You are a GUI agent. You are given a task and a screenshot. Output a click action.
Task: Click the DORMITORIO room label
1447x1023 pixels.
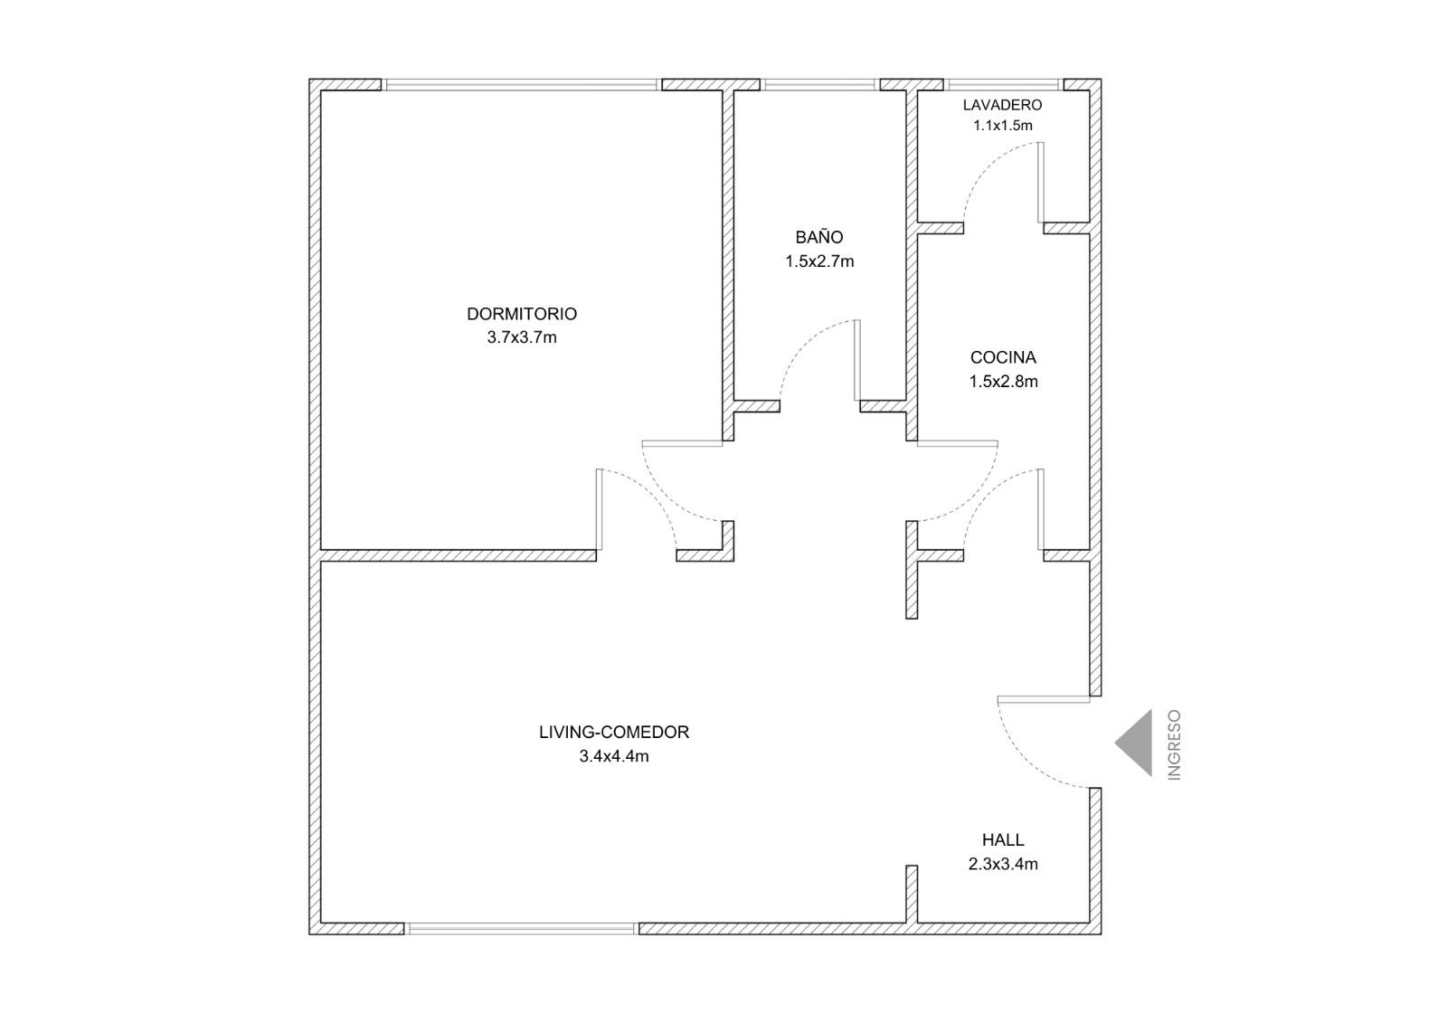[x=521, y=314]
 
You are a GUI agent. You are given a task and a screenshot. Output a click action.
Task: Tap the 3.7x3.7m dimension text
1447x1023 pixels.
[x=522, y=338]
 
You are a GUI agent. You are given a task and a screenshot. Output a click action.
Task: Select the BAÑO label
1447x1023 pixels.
[x=819, y=236]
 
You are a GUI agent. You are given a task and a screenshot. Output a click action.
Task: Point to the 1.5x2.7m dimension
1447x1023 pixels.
[x=819, y=261]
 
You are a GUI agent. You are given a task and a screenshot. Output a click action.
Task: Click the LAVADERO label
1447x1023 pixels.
[x=1003, y=105]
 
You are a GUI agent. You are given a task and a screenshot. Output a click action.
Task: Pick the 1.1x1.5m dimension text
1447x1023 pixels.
[x=1003, y=126]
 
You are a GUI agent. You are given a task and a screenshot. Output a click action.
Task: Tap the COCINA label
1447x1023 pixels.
[x=1003, y=357]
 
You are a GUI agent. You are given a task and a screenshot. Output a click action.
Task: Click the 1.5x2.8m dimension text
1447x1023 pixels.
[x=1003, y=382]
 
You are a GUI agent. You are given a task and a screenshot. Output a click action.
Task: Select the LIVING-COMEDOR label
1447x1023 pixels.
[x=614, y=732]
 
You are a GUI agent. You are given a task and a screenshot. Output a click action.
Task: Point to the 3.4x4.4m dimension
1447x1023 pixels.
[x=614, y=756]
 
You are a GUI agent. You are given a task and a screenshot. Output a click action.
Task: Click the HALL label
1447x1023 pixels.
[x=1003, y=839]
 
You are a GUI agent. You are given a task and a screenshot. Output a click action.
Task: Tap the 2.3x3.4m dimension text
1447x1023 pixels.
[x=1003, y=864]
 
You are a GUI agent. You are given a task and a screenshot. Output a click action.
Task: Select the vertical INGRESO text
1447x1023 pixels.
[x=1175, y=745]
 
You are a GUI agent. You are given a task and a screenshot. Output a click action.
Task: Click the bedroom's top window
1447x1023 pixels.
[x=521, y=85]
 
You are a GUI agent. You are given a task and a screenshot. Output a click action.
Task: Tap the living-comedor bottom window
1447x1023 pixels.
[x=521, y=929]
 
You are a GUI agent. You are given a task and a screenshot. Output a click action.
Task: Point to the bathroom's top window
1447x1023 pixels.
[x=819, y=85]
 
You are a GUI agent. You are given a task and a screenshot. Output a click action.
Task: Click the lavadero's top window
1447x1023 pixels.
[x=1003, y=85]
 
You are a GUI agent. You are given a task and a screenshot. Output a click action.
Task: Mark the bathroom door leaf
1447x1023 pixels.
[x=857, y=360]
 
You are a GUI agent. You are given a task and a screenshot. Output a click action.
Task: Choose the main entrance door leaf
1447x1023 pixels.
[x=1044, y=699]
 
